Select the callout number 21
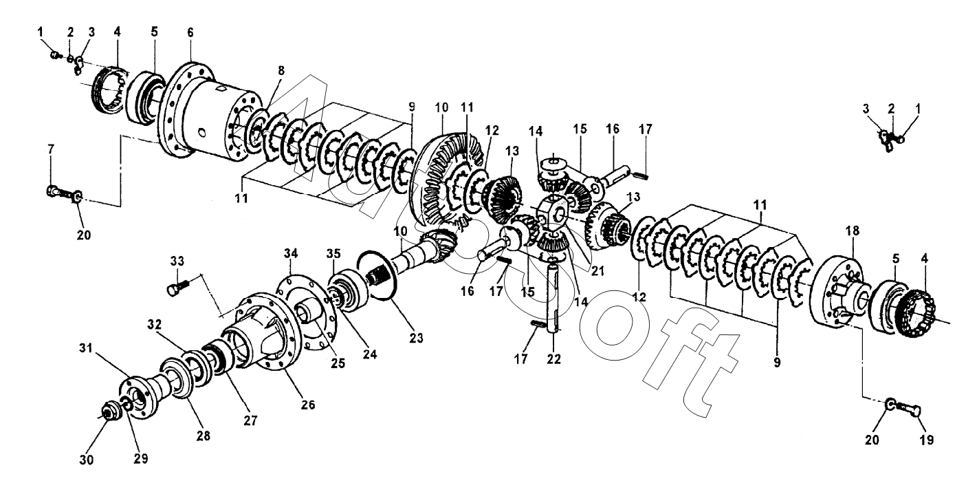click(x=597, y=270)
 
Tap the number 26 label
click(x=307, y=405)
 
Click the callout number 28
click(x=204, y=436)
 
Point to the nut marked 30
click(x=108, y=412)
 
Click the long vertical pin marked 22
click(x=554, y=303)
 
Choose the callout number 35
click(x=334, y=254)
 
